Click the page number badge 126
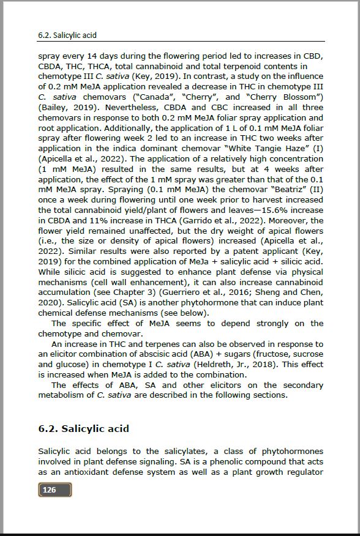[55, 489]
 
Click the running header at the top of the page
[67, 35]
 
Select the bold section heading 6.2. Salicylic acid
[83, 428]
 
